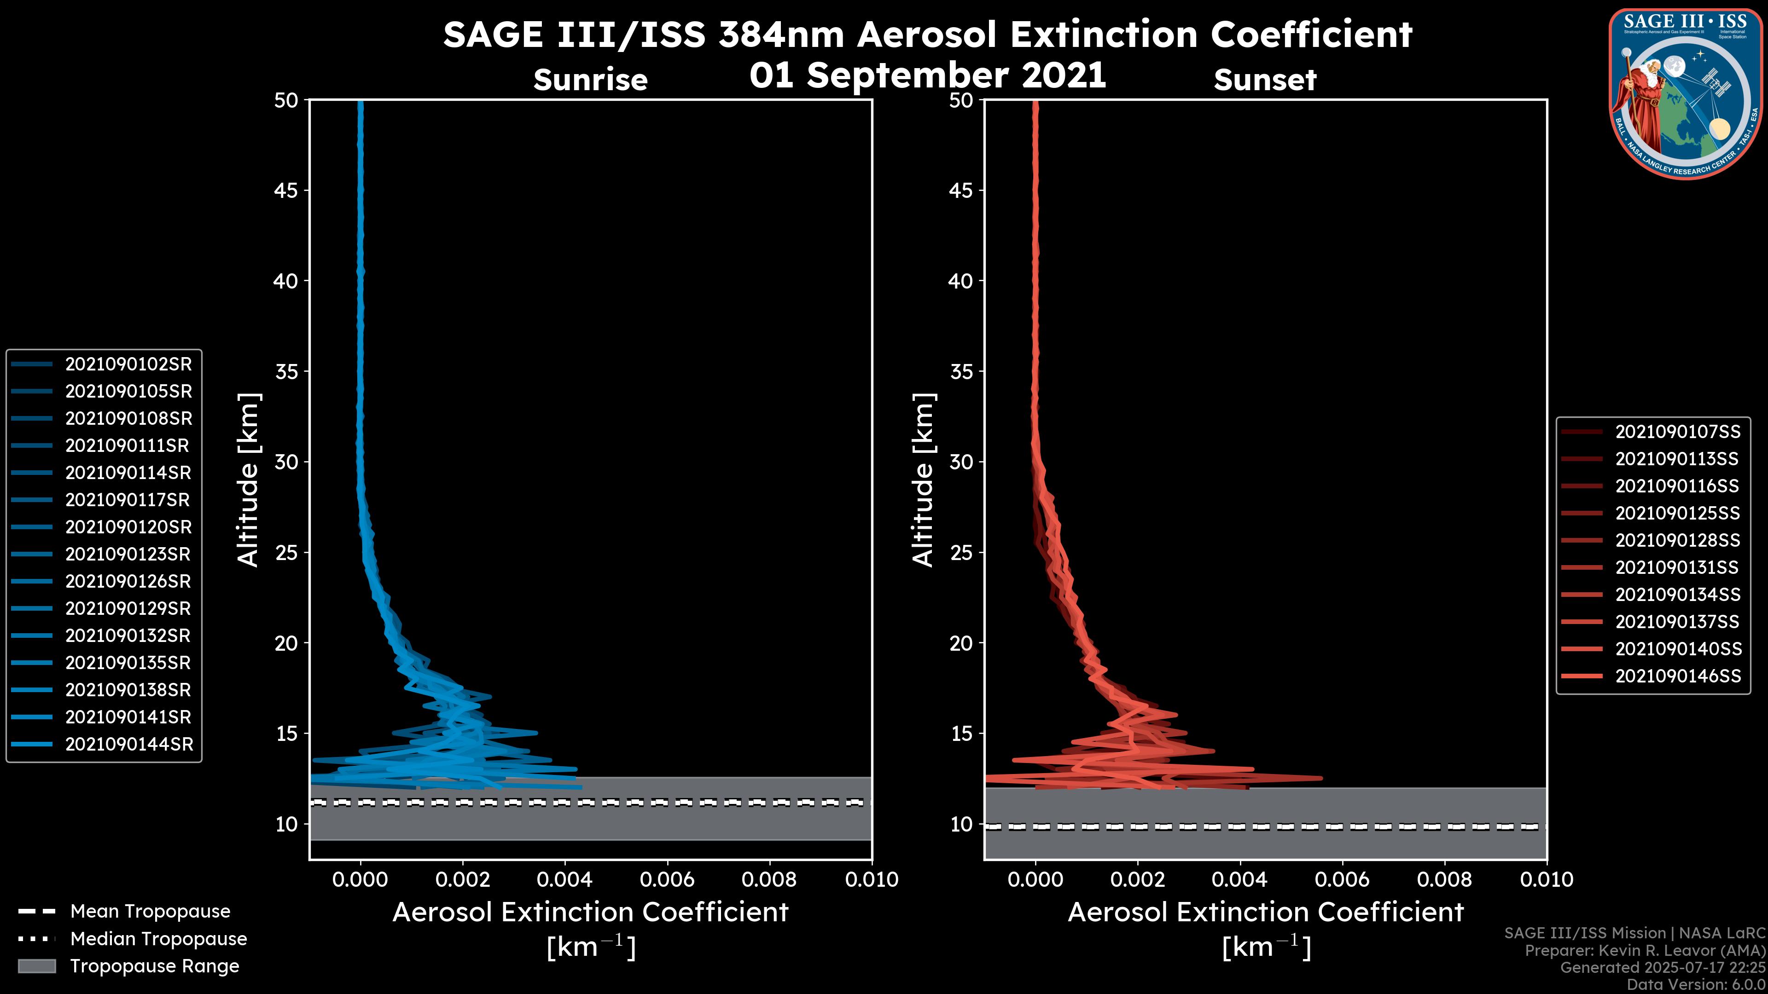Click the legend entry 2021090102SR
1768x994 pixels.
point(128,364)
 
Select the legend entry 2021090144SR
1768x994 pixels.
point(129,744)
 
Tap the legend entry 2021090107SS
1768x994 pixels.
point(1677,432)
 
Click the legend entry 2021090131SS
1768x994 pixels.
point(1677,567)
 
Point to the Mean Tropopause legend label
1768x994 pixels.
point(150,911)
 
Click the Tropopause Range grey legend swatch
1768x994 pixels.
point(36,966)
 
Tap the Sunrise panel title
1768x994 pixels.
point(590,80)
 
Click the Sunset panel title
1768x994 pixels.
point(1265,80)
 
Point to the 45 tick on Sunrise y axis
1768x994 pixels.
point(286,190)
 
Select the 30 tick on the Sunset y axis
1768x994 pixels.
point(961,462)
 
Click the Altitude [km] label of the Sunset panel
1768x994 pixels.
point(923,480)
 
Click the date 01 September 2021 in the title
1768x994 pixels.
point(927,75)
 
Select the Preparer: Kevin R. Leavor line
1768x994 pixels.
point(1645,950)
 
